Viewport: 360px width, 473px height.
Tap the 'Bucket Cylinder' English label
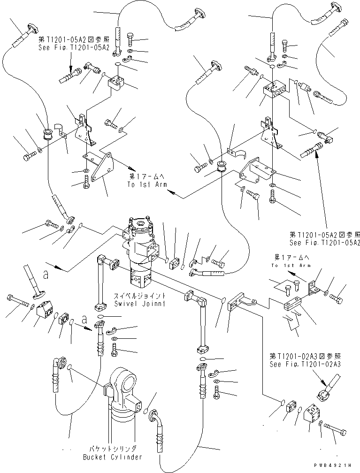pyautogui.click(x=113, y=457)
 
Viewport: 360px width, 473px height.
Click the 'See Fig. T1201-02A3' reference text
pyautogui.click(x=305, y=364)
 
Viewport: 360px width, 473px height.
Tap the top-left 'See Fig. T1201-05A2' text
pyautogui.click(x=74, y=47)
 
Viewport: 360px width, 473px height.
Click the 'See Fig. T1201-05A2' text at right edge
pyautogui.click(x=325, y=242)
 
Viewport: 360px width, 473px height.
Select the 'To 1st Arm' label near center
pyautogui.click(x=147, y=184)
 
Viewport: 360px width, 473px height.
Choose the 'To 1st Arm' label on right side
pyautogui.click(x=291, y=265)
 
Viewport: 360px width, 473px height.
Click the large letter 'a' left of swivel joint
pyautogui.click(x=46, y=275)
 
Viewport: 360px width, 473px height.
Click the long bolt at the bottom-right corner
pyautogui.click(x=335, y=429)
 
